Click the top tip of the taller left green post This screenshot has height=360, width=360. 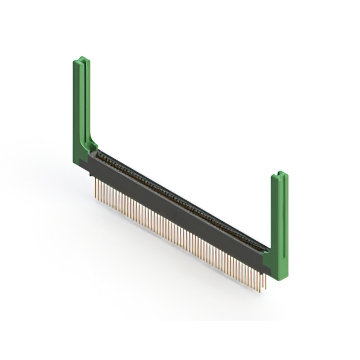click(82, 58)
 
